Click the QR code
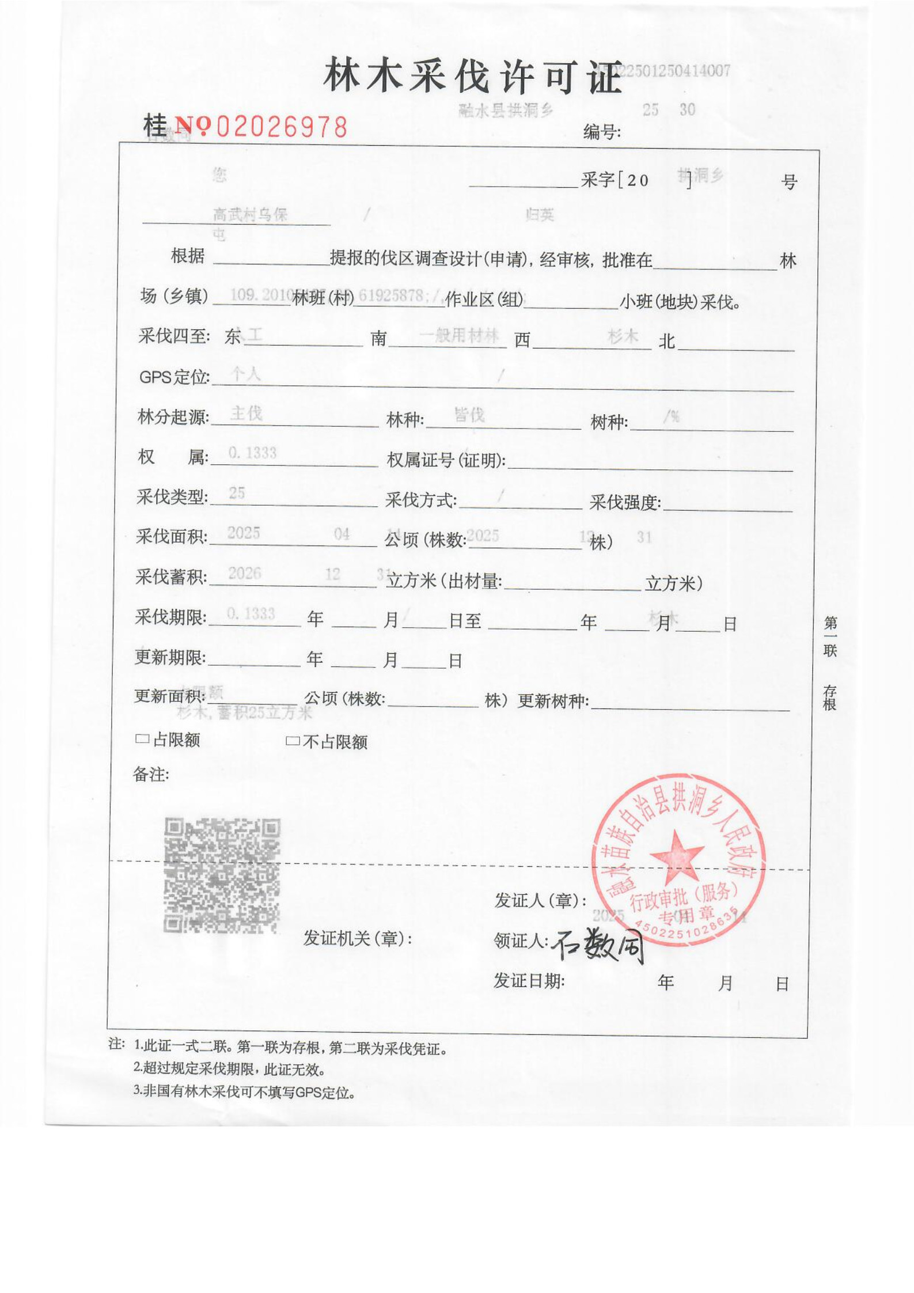click(222, 875)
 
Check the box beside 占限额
click(141, 739)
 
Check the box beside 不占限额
click(293, 741)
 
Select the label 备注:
click(151, 775)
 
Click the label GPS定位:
click(175, 377)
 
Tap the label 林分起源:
click(173, 416)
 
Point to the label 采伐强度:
click(625, 503)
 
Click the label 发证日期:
click(529, 981)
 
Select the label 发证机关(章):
click(358, 938)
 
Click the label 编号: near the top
click(602, 132)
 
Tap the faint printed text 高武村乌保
click(250, 215)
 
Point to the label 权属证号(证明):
click(446, 460)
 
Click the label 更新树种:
click(553, 701)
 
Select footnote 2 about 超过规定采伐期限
click(230, 1070)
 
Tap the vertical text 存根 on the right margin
click(829, 697)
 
